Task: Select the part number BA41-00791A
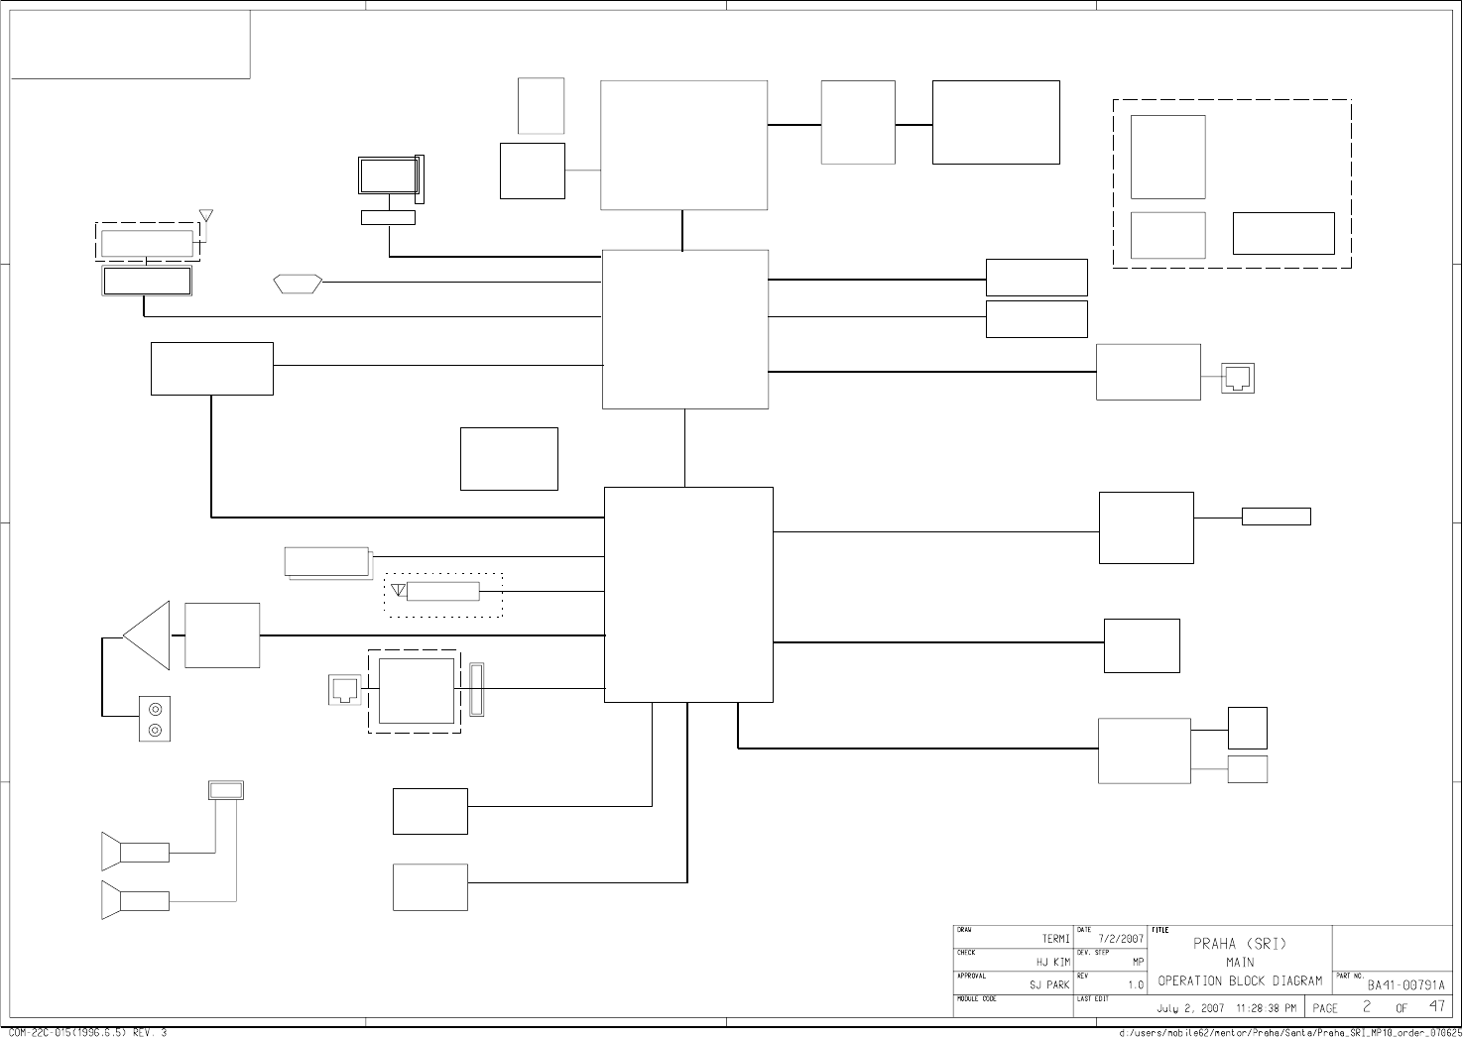pyautogui.click(x=1406, y=985)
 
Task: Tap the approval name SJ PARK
pyautogui.click(x=1049, y=985)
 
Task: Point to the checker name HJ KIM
pyautogui.click(x=1053, y=962)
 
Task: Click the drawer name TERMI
pyautogui.click(x=1055, y=939)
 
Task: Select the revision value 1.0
pyautogui.click(x=1136, y=985)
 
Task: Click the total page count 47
pyautogui.click(x=1436, y=1007)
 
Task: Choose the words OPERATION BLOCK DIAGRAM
pyautogui.click(x=1240, y=981)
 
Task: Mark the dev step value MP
pyautogui.click(x=1138, y=962)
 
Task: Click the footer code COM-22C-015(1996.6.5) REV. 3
pyautogui.click(x=86, y=1032)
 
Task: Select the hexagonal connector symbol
pyautogui.click(x=298, y=283)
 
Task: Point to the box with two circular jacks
pyautogui.click(x=155, y=720)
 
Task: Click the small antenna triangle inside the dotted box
pyautogui.click(x=399, y=591)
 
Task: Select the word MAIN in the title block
pyautogui.click(x=1240, y=963)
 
